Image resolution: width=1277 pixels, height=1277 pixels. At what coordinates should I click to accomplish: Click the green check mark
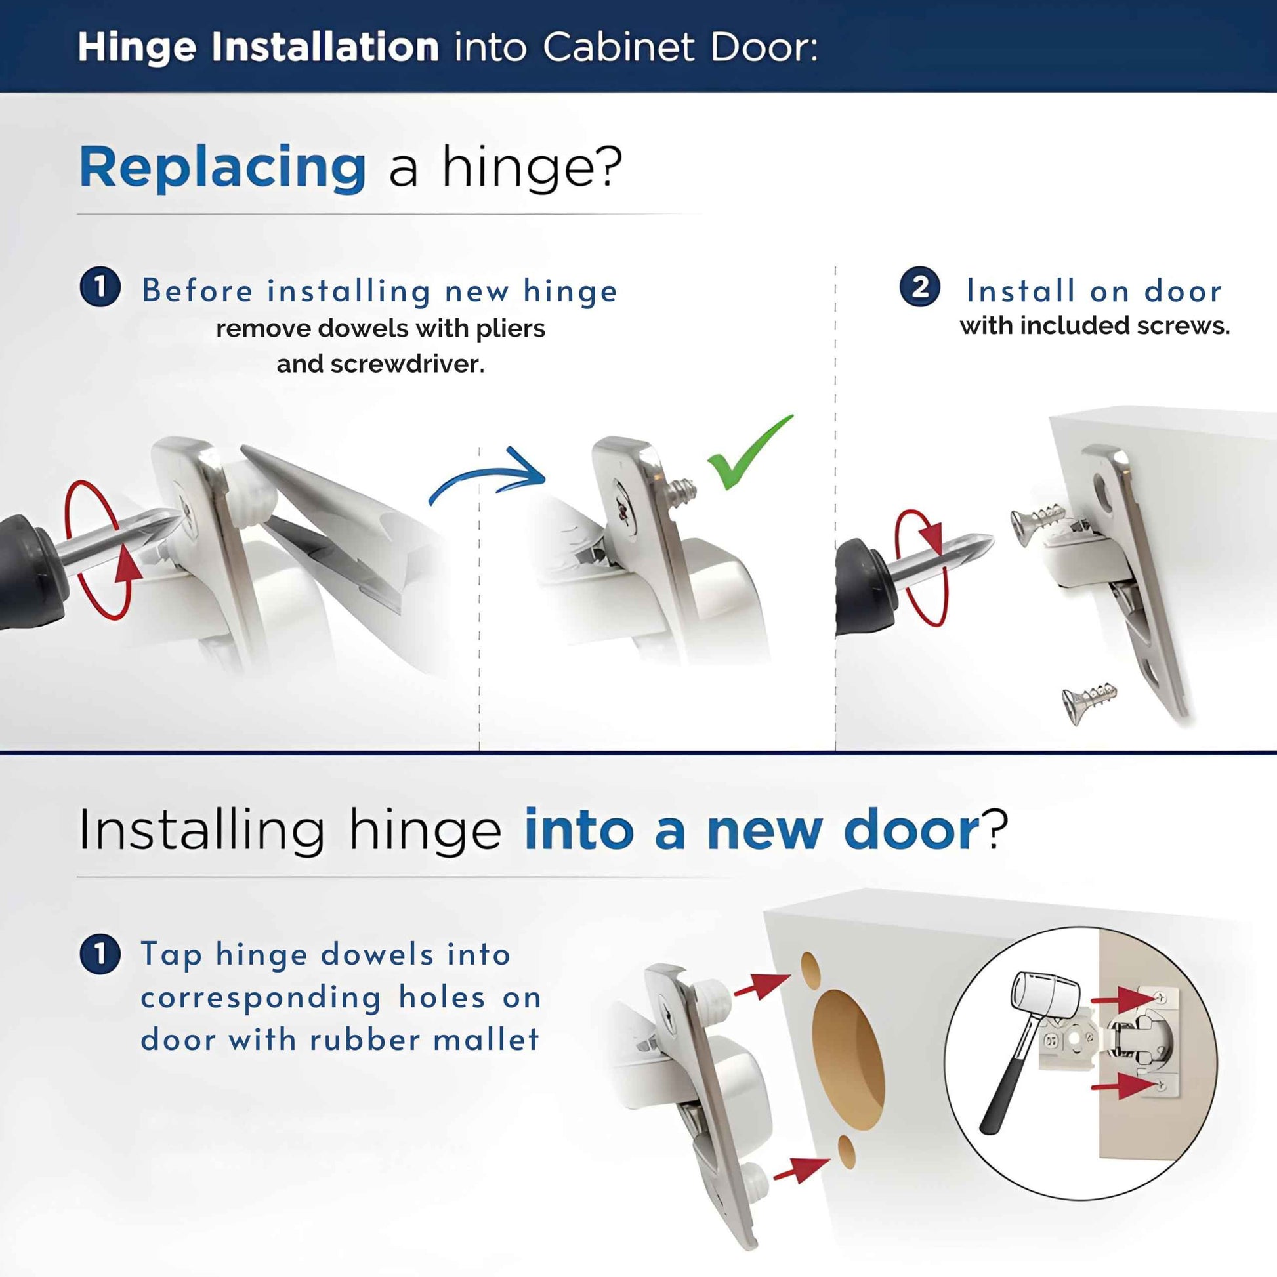click(x=743, y=456)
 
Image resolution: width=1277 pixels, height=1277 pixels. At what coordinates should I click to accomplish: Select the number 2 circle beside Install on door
click(x=919, y=287)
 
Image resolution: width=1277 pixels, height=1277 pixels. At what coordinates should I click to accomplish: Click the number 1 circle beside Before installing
click(x=100, y=287)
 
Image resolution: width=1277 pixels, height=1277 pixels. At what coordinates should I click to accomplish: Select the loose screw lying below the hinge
click(x=1088, y=702)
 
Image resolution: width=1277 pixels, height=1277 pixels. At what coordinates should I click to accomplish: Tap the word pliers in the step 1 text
click(x=511, y=329)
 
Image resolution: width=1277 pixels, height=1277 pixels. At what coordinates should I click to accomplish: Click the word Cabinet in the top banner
click(x=619, y=47)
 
